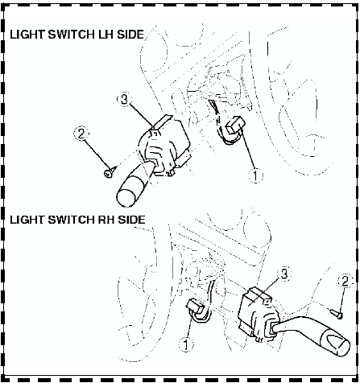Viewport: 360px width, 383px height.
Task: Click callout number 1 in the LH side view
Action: (255, 176)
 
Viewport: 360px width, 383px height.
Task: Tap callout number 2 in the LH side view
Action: (81, 134)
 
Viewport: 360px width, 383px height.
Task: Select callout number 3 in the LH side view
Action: (124, 99)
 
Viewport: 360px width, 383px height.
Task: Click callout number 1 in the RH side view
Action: (186, 344)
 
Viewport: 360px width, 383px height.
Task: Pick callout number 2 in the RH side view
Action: (345, 281)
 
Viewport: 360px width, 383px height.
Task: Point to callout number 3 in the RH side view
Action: (283, 274)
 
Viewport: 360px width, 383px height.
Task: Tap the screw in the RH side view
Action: (336, 314)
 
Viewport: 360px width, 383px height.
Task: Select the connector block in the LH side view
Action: (236, 126)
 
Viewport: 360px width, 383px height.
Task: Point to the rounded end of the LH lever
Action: (126, 198)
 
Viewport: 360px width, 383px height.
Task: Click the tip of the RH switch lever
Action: (343, 348)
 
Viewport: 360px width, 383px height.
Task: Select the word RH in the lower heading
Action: (106, 220)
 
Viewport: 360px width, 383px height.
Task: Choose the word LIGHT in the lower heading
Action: (27, 220)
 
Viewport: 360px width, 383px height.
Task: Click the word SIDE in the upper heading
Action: (130, 35)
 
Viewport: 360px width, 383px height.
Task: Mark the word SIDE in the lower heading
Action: (131, 220)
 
